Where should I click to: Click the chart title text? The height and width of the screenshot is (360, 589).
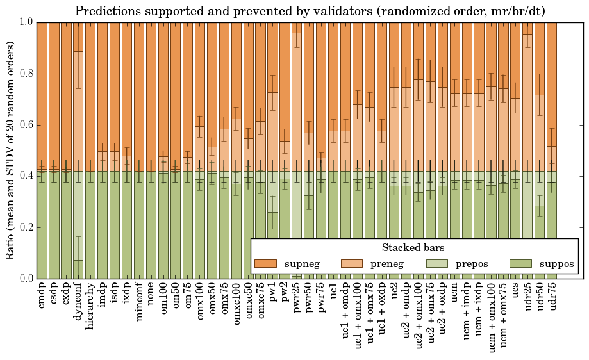310,11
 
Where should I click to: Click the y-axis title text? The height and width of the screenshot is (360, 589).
11,150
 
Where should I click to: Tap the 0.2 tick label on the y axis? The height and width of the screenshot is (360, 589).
26,227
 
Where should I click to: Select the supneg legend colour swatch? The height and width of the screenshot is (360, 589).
265,263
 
